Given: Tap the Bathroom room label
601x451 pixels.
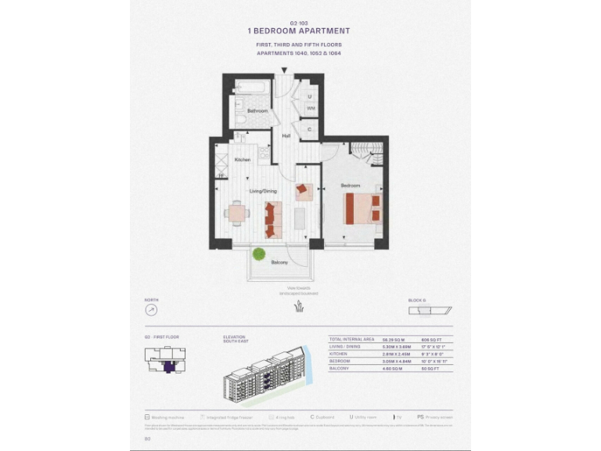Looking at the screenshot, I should pyautogui.click(x=257, y=111).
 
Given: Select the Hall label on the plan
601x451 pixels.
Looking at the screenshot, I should pyautogui.click(x=287, y=137).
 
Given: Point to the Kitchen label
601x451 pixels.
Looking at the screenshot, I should pyautogui.click(x=243, y=160).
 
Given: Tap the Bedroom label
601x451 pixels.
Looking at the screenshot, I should pyautogui.click(x=350, y=186).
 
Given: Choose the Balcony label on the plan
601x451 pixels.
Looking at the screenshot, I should pyautogui.click(x=279, y=262).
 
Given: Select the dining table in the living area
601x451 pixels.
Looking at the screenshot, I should pyautogui.click(x=237, y=212).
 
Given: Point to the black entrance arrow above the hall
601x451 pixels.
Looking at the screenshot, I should pyautogui.click(x=284, y=70).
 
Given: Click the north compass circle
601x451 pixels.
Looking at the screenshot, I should pyautogui.click(x=151, y=310).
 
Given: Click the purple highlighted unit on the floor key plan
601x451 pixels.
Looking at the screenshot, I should pyautogui.click(x=167, y=363).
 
